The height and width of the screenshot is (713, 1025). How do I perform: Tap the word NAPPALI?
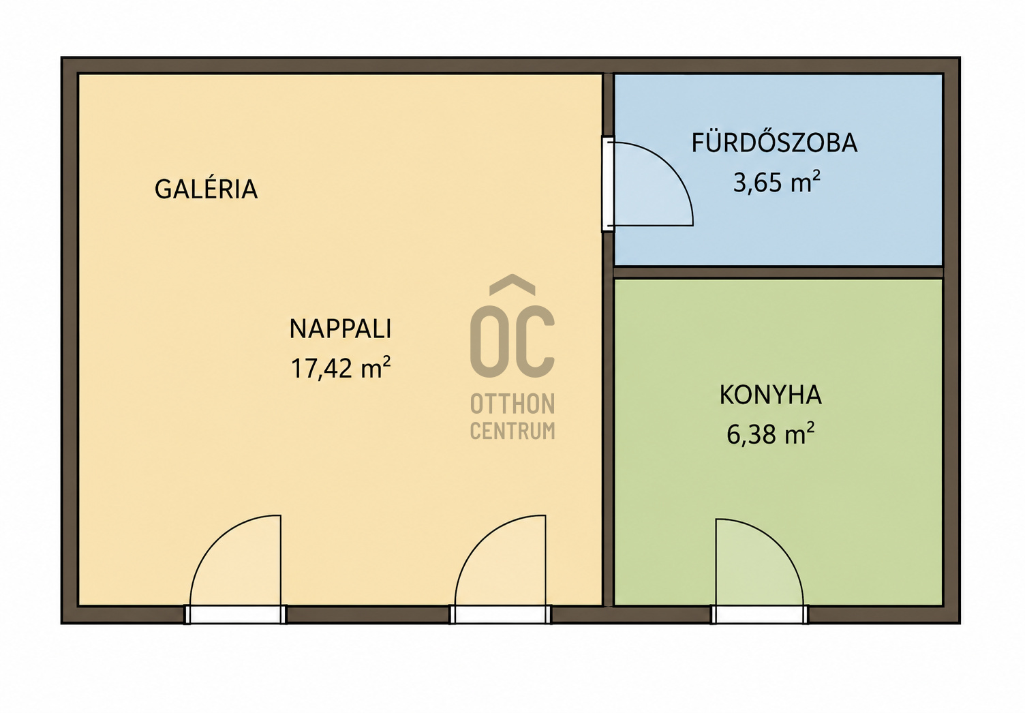341,329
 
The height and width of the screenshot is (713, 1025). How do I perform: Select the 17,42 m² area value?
341,367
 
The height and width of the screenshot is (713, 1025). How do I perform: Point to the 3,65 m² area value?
776,182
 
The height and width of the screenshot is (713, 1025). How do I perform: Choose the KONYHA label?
771,395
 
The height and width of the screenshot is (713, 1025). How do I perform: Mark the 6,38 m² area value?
771,434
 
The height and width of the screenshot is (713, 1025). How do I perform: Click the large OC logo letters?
512,341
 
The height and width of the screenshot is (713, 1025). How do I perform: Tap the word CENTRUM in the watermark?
512,431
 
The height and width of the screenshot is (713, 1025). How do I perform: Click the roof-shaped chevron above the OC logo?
512,284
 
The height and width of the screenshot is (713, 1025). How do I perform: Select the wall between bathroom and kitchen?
778,272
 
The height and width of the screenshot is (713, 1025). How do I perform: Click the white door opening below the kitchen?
760,614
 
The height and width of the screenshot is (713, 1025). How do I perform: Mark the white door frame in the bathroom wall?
607,184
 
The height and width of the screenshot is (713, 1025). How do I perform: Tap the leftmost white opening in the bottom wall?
235,614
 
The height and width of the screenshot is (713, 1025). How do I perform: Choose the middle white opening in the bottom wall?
501,614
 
